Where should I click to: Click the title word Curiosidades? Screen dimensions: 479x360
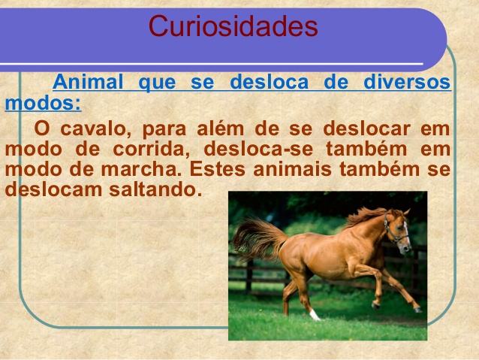(233, 26)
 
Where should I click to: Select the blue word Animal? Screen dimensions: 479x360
(88, 82)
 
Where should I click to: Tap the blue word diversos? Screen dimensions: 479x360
(407, 82)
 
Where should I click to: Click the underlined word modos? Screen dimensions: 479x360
(43, 103)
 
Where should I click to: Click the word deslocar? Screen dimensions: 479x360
(366, 129)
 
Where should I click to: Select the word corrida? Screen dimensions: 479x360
(152, 150)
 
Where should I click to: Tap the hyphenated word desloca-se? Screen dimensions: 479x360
(258, 149)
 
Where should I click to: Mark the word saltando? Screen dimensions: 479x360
(155, 189)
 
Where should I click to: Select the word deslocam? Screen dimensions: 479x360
(53, 189)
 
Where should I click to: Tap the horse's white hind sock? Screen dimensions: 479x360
(315, 315)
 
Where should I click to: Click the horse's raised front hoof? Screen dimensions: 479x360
(375, 305)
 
